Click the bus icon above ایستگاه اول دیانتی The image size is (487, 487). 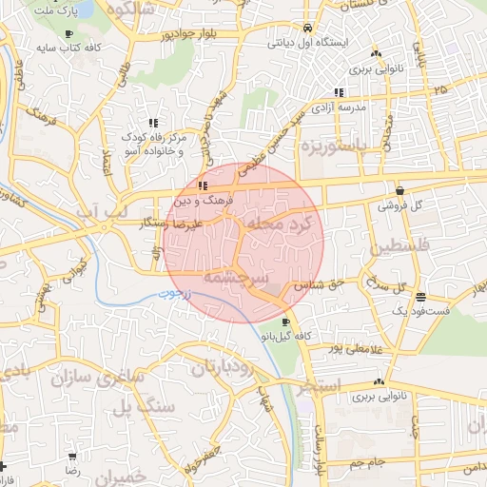(x=306, y=29)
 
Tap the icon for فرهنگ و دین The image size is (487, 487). (x=204, y=185)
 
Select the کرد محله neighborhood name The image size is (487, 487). (x=283, y=222)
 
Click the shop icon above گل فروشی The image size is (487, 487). (x=399, y=188)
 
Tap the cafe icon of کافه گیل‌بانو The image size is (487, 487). (x=287, y=321)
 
